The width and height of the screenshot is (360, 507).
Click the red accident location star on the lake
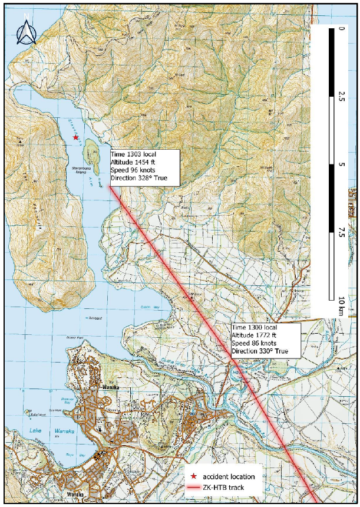point(75,137)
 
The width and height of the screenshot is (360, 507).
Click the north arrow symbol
point(27,34)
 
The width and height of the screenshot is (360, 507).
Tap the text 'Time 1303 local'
point(133,154)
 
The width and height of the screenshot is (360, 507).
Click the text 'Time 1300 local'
point(255,327)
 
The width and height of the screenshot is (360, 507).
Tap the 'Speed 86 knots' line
point(255,343)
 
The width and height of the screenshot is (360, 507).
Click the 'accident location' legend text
point(229,476)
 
